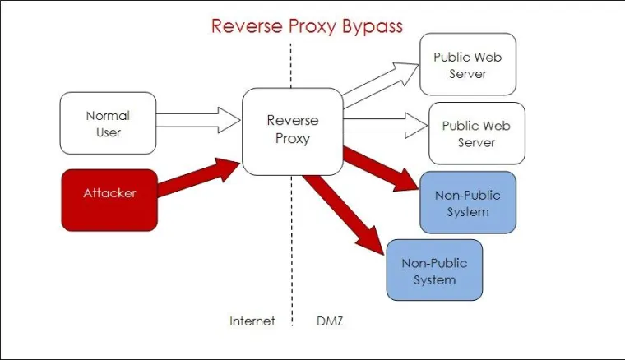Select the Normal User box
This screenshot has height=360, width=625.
[108, 123]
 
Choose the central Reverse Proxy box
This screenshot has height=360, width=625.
[291, 131]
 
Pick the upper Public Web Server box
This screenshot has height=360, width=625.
[468, 65]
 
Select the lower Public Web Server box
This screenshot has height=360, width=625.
[476, 133]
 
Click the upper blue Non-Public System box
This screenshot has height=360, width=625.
[468, 203]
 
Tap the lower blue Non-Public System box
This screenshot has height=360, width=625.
[434, 271]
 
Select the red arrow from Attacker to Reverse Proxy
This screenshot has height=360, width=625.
[197, 178]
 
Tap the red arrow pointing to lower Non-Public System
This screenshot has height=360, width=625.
[345, 212]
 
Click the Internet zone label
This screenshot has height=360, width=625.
[252, 321]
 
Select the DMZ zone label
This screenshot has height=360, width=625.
[329, 321]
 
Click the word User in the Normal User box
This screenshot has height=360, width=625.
[108, 132]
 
